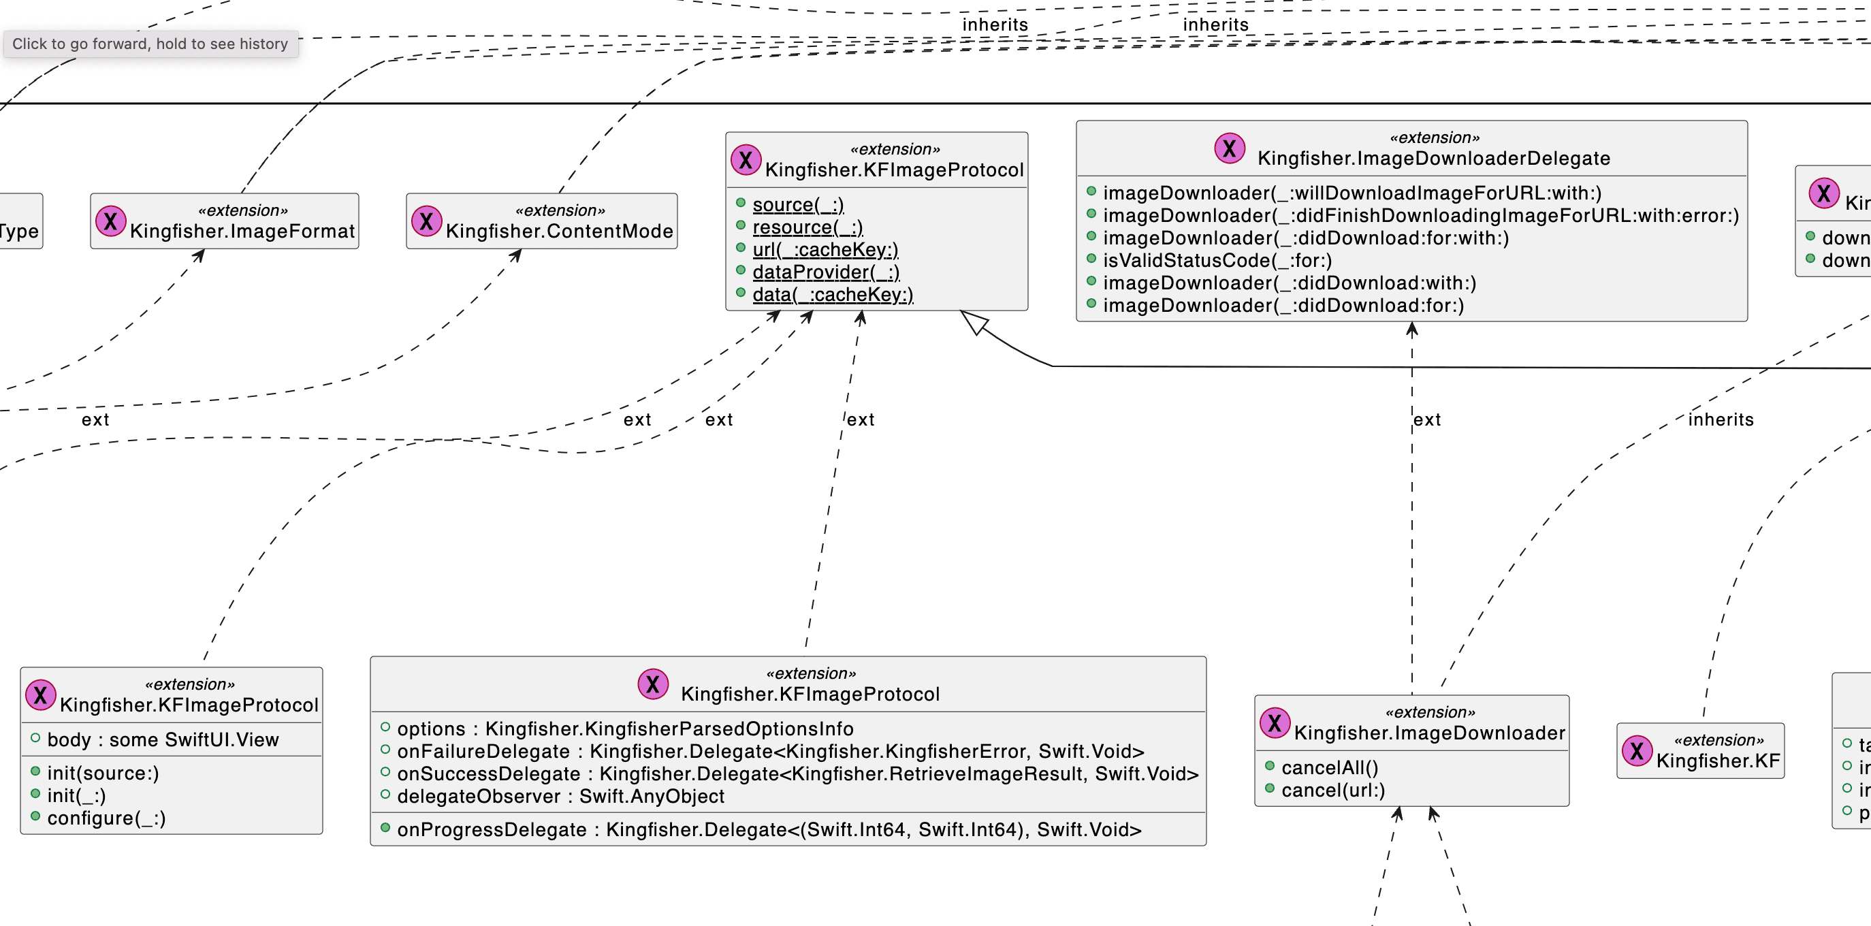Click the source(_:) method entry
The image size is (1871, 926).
point(797,205)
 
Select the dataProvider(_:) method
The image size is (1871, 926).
point(825,272)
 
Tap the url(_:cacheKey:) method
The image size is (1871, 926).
point(825,250)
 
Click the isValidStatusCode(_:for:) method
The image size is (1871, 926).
point(1217,261)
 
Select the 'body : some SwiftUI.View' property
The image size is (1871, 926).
point(163,740)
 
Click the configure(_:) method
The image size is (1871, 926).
point(106,818)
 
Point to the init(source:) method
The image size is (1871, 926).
point(102,773)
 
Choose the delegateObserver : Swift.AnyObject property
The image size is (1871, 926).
point(560,797)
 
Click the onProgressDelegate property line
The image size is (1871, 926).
point(769,830)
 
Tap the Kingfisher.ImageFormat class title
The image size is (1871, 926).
point(242,231)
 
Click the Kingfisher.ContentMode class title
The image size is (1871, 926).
point(558,231)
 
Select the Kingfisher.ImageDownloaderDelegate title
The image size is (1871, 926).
point(1433,159)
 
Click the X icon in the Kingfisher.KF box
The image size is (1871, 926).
point(1636,751)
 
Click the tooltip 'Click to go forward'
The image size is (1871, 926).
point(150,44)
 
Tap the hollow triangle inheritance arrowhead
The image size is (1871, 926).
point(974,322)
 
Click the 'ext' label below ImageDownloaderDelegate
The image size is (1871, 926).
point(1426,420)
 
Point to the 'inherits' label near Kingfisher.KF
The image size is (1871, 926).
point(1720,420)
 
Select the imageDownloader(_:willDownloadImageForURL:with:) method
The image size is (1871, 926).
point(1351,193)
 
